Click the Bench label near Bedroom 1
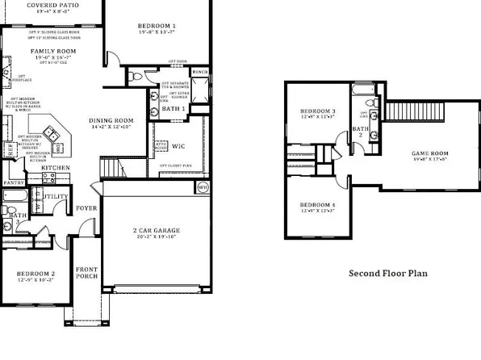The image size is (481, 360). pos(201,73)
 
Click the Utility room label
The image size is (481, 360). pos(56,196)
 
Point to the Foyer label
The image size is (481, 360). pos(86,208)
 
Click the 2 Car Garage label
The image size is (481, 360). pos(157,231)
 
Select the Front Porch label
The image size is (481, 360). pos(87,273)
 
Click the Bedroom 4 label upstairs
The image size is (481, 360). pos(317,205)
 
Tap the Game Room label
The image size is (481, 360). pos(429,153)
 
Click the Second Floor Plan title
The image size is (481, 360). pos(387,273)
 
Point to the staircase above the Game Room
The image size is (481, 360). pos(401,111)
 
